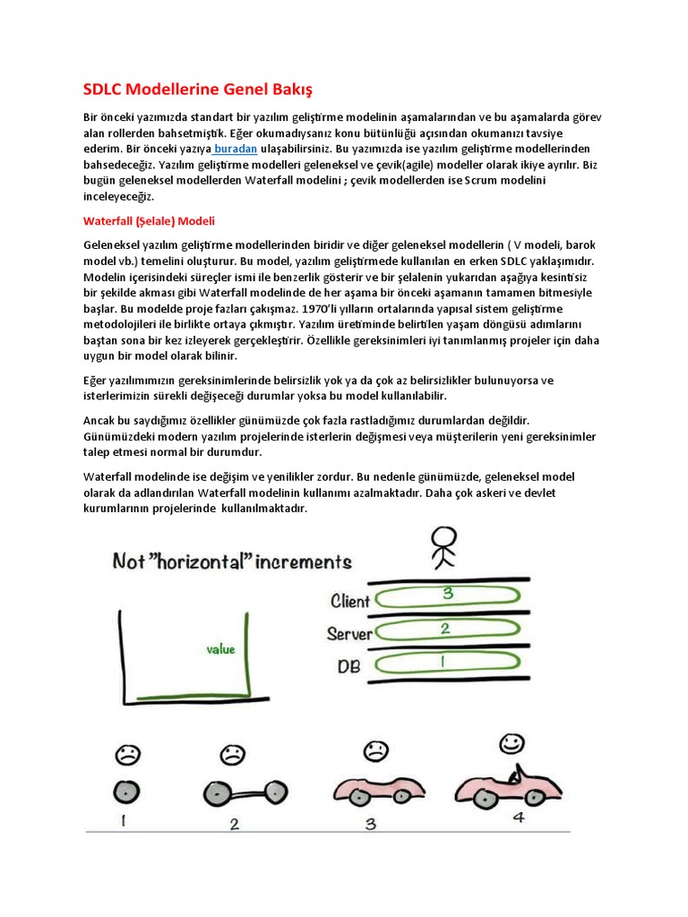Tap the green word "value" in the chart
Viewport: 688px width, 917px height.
(x=221, y=648)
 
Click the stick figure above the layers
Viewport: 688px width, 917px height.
(x=443, y=547)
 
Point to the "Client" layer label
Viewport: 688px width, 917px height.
(x=350, y=600)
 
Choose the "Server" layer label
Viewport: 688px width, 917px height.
(x=349, y=634)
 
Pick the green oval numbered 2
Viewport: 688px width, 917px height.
(x=445, y=630)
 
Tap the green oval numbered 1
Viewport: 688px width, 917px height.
(x=445, y=664)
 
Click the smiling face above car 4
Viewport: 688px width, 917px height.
(x=512, y=742)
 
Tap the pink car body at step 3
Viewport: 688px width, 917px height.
(x=376, y=791)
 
